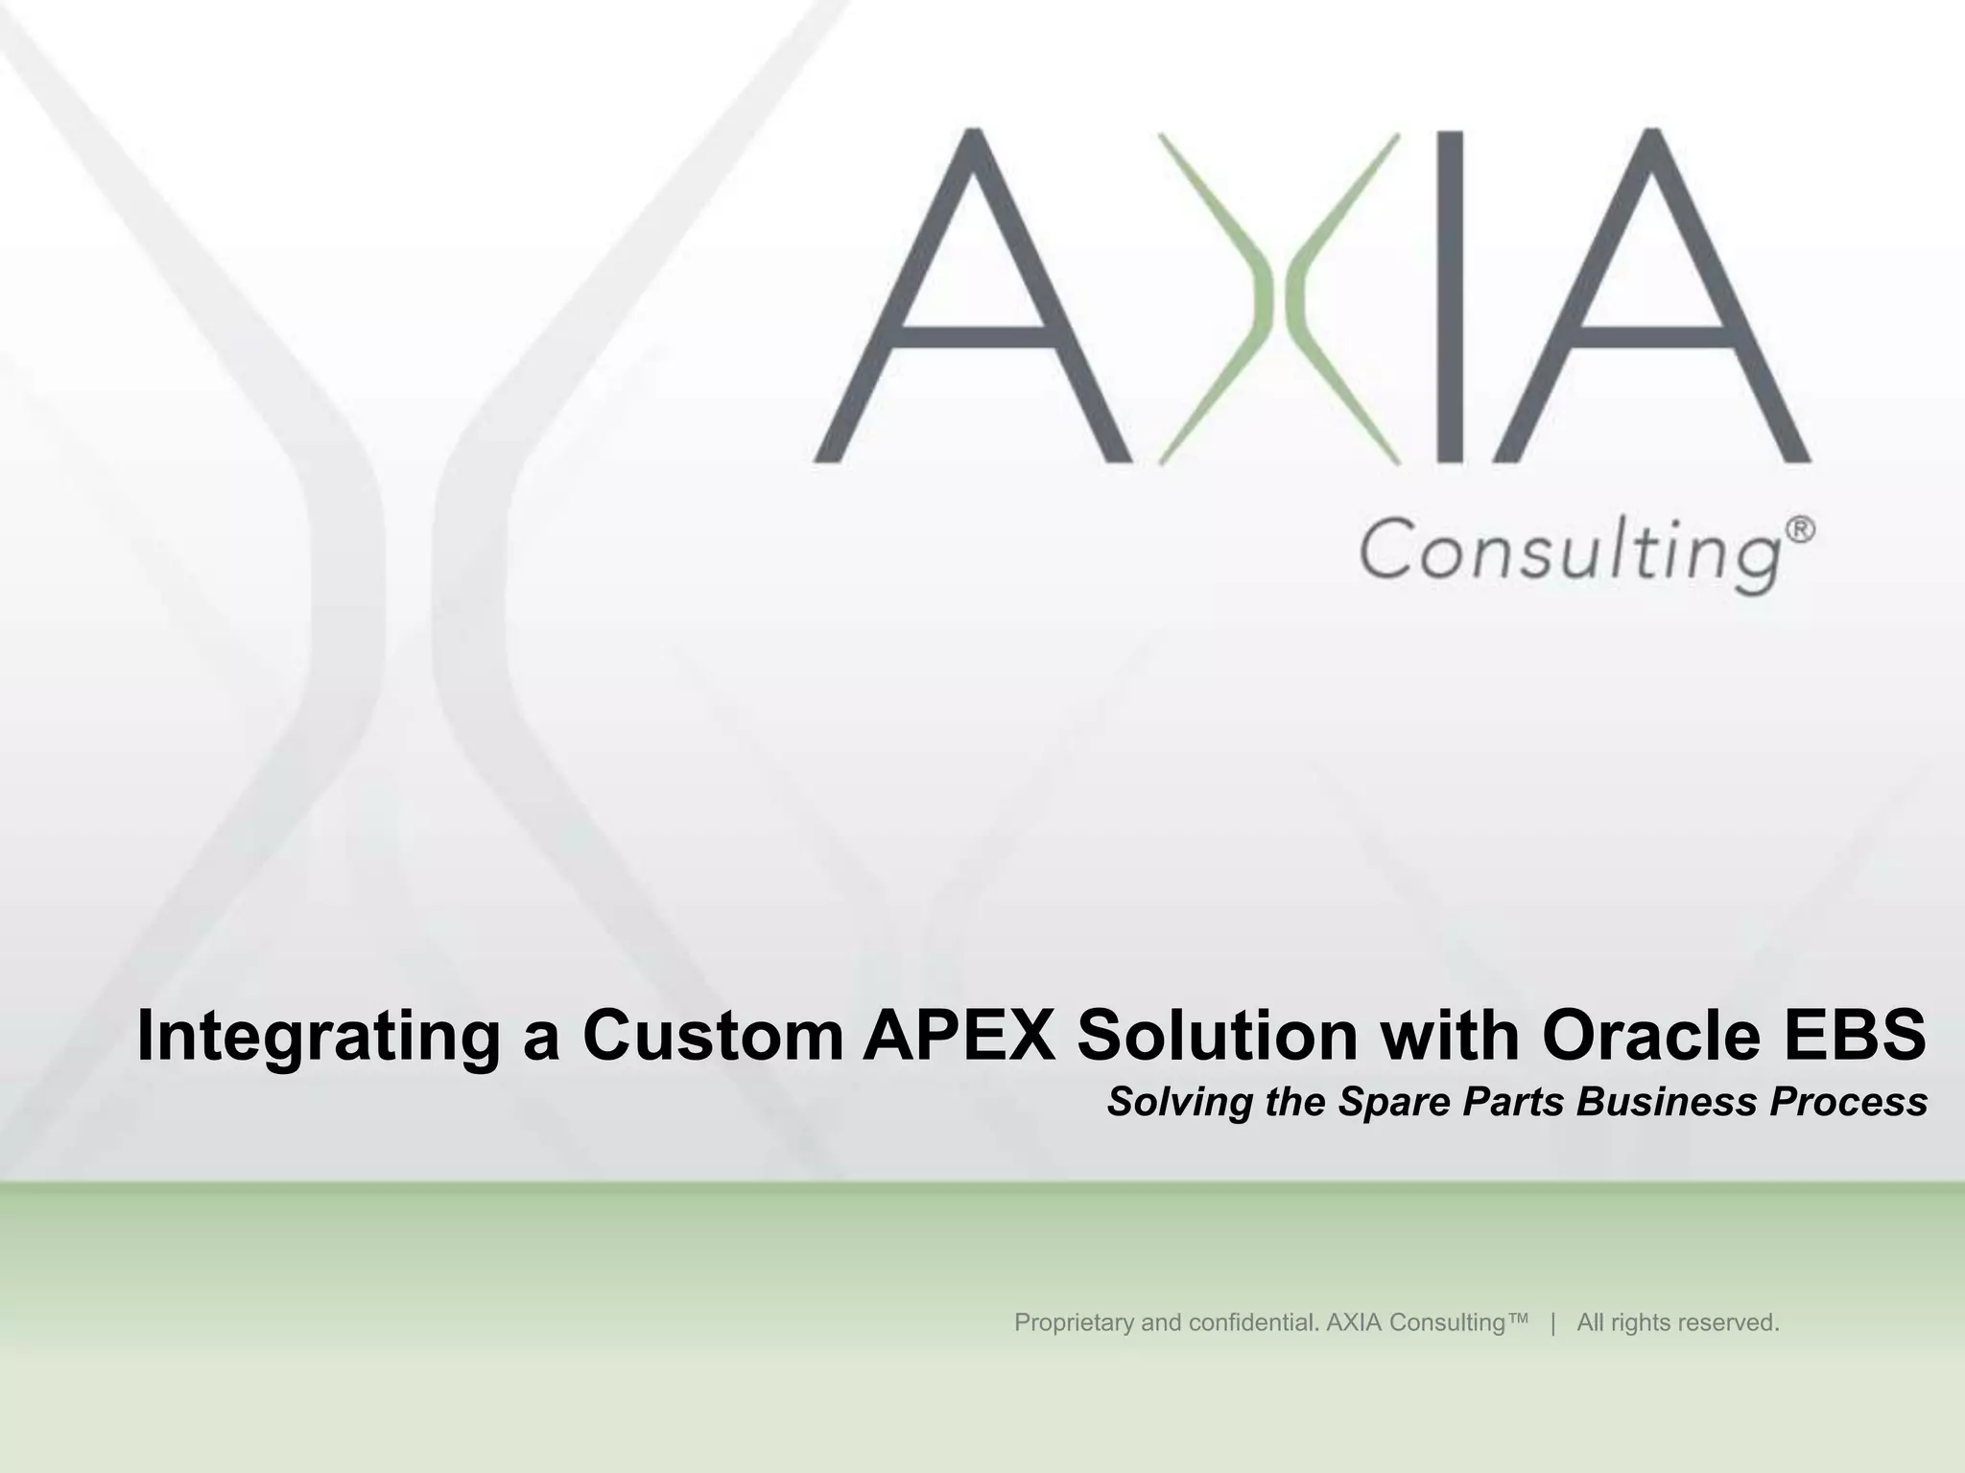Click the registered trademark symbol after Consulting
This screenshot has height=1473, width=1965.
1803,529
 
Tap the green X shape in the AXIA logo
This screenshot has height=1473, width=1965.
1280,298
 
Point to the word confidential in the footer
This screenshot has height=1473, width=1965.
1254,1323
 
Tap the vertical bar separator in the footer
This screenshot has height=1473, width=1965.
1552,1323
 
